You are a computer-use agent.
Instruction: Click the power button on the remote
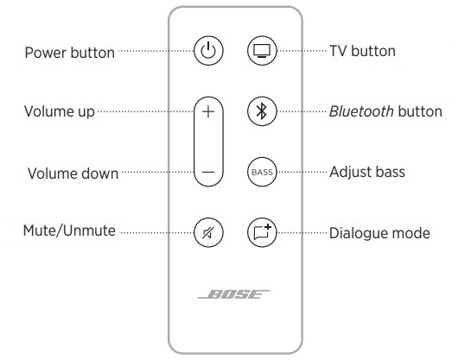(x=207, y=52)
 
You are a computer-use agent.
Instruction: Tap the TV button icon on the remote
(x=260, y=52)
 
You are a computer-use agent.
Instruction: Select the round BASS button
(x=260, y=171)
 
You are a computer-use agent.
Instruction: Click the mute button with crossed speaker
(x=207, y=231)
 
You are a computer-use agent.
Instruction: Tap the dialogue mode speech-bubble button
(x=260, y=231)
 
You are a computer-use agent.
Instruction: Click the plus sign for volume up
(x=207, y=111)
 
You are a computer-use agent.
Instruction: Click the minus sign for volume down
(x=207, y=172)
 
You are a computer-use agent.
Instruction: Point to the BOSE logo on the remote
(x=233, y=294)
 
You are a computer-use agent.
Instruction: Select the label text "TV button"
(x=362, y=51)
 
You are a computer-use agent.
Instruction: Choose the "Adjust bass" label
(x=366, y=172)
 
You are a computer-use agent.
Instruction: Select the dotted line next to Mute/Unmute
(x=154, y=231)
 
